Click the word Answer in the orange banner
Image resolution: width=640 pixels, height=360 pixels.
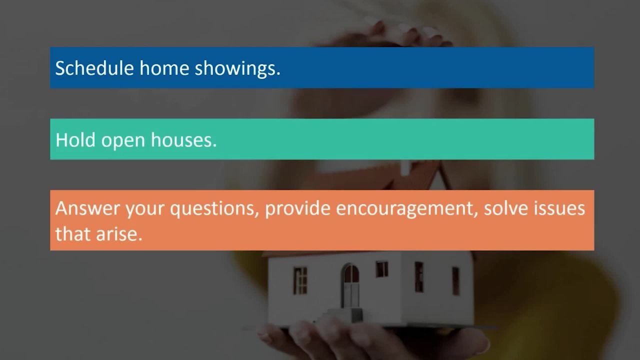click(x=87, y=208)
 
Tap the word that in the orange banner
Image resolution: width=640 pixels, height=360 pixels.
click(x=72, y=233)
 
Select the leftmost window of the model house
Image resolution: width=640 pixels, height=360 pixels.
click(x=300, y=280)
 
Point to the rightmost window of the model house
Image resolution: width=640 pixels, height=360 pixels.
click(x=455, y=280)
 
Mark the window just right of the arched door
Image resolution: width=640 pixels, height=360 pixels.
click(x=382, y=269)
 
